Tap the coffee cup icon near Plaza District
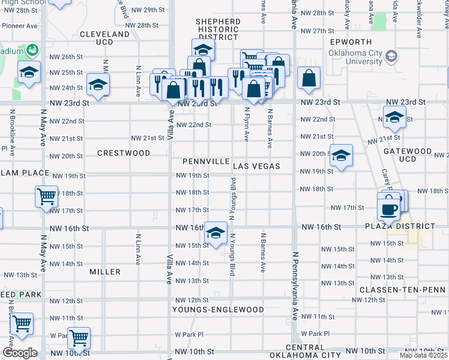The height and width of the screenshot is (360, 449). click(x=388, y=209)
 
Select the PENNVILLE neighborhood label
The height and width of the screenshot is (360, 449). click(x=206, y=162)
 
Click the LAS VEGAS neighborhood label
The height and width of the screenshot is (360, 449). click(x=257, y=166)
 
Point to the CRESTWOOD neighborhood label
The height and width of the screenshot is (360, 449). click(x=124, y=153)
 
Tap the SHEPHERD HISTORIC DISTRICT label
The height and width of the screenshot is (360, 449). click(x=218, y=29)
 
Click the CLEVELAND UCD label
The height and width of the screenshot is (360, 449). click(x=104, y=39)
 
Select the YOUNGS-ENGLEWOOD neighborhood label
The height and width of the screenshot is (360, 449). click(x=218, y=310)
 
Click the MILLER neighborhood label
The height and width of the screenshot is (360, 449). click(x=105, y=272)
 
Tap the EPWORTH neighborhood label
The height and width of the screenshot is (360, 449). click(x=351, y=43)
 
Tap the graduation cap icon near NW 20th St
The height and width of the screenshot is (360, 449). click(x=341, y=156)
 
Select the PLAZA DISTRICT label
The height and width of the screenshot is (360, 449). click(x=400, y=227)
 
